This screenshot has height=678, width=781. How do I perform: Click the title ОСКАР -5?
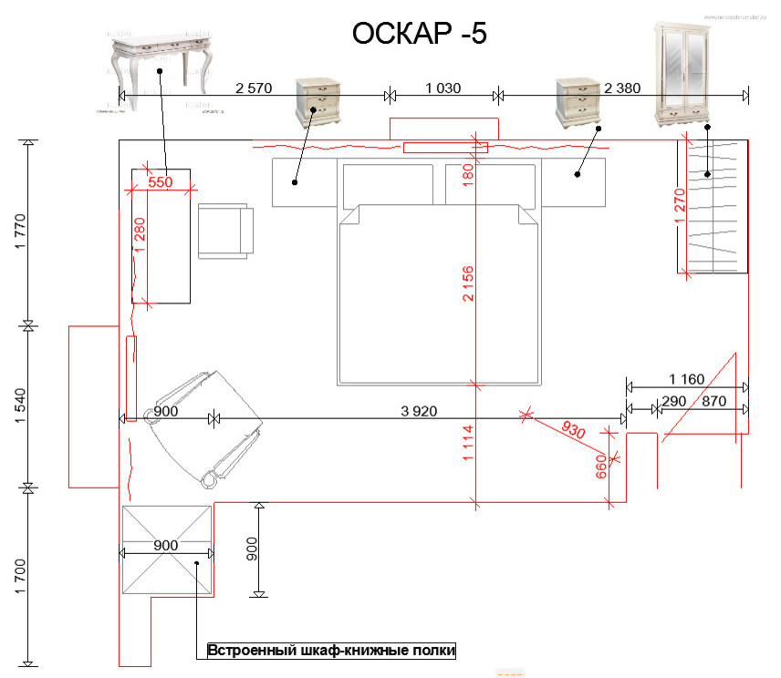point(420,34)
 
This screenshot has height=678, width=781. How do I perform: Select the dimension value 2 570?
point(254,88)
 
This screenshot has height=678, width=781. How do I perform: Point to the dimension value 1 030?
point(443,88)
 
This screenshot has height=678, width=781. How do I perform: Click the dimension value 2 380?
point(622,88)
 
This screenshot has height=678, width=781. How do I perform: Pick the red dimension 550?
point(160,182)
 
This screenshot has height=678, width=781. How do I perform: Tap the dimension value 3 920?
point(419,411)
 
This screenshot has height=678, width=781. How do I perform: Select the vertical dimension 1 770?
point(20,232)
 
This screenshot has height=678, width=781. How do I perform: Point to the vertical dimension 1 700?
point(20,575)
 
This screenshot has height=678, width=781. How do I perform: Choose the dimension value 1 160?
point(687,378)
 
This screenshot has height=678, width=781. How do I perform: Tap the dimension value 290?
point(673,401)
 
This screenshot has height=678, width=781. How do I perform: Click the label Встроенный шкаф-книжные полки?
point(331,651)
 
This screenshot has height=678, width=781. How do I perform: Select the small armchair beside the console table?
point(224,231)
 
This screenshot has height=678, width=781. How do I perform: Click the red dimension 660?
point(601,467)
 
